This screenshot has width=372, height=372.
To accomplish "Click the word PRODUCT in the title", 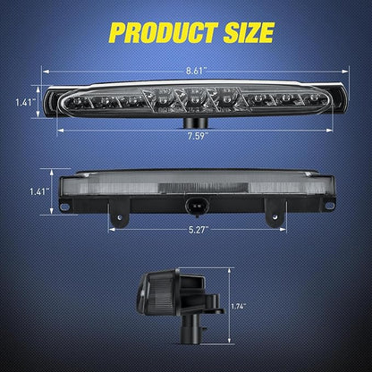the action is (x=164, y=32).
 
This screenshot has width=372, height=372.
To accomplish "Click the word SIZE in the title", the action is (x=249, y=32).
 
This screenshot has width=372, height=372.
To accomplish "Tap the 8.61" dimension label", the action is (x=196, y=71).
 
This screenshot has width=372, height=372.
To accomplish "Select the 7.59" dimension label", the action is (x=197, y=136).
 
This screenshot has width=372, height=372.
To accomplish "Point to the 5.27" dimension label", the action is (x=198, y=230).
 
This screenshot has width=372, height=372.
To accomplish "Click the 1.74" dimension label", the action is (x=238, y=306).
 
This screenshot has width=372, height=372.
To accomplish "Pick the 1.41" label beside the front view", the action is (x=25, y=103).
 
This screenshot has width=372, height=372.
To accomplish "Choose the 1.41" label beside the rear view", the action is (x=39, y=191).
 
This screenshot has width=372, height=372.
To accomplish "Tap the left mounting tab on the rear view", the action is (x=119, y=212).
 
